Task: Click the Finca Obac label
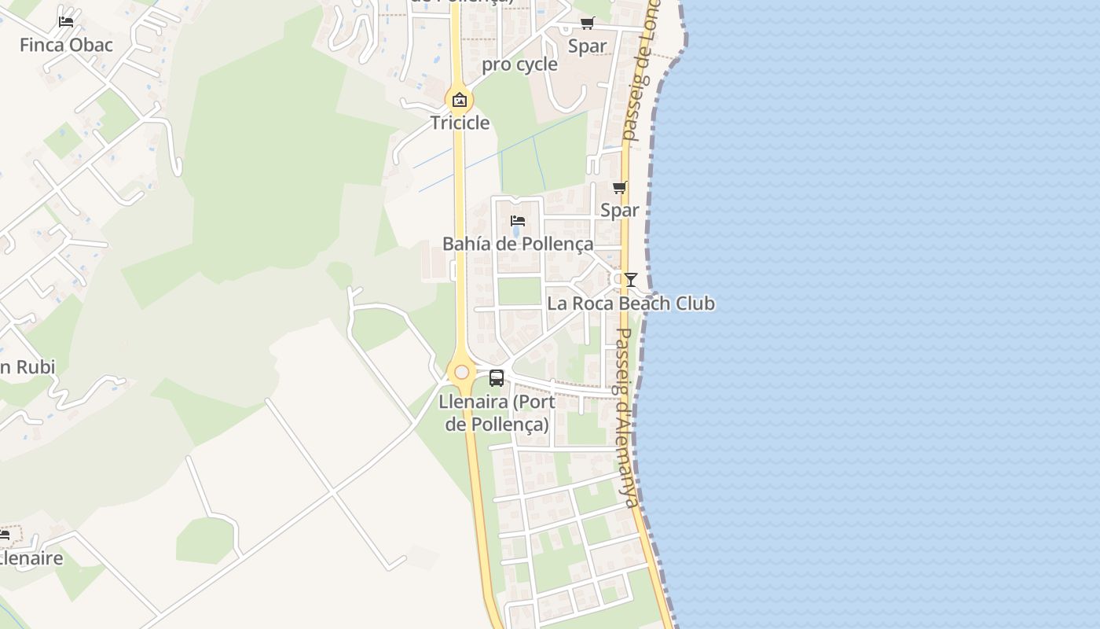(x=66, y=45)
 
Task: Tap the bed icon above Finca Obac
(x=66, y=21)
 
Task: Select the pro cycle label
(x=519, y=64)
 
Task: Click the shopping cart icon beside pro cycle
(x=588, y=23)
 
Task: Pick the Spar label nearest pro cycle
(x=588, y=46)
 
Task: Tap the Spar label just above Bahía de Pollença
(x=619, y=210)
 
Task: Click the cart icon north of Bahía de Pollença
(x=619, y=187)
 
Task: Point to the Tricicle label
(x=460, y=123)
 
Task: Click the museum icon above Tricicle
(x=460, y=100)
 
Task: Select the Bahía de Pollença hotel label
(x=518, y=244)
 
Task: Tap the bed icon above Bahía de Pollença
(x=518, y=221)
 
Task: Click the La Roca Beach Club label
(x=631, y=303)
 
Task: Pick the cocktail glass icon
(x=630, y=280)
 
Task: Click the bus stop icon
(x=497, y=378)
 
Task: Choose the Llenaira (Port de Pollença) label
(x=497, y=413)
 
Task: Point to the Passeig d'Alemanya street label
(x=627, y=417)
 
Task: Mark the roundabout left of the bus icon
(x=461, y=372)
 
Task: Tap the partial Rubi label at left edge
(x=27, y=367)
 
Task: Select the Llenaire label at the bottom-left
(x=31, y=559)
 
